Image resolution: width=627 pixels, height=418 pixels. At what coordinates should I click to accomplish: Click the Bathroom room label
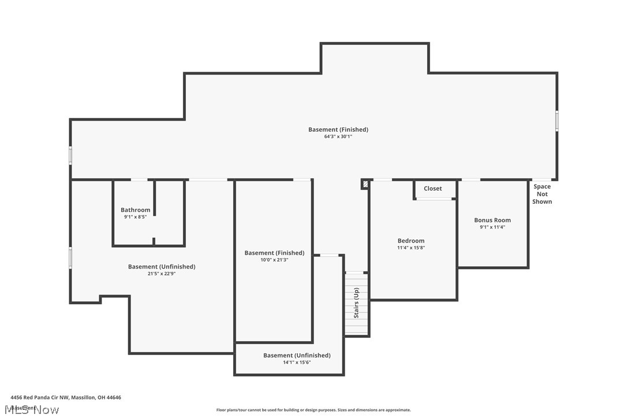pos(135,210)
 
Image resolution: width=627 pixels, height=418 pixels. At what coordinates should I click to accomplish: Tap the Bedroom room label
pos(411,241)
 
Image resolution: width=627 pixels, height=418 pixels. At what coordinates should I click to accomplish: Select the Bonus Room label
pos(492,220)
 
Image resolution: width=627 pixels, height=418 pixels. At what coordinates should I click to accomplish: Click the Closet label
pos(432,189)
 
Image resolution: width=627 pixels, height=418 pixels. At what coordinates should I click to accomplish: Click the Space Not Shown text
pos(542,194)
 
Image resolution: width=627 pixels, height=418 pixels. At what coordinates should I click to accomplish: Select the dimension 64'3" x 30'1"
pos(338,137)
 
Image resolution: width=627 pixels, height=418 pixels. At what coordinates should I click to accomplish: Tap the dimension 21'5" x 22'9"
pos(162,274)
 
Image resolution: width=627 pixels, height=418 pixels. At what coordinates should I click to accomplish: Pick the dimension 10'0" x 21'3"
pos(274,260)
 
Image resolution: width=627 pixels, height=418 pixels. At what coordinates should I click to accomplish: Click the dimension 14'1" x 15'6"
pos(297,362)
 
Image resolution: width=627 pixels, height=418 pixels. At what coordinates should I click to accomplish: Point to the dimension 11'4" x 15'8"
pos(411,248)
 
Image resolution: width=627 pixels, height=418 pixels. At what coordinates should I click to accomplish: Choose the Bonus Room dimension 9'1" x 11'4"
pos(492,227)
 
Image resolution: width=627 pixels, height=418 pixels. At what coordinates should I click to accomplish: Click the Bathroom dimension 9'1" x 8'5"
pos(135,217)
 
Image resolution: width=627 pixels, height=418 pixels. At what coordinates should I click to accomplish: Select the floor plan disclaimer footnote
pos(313,410)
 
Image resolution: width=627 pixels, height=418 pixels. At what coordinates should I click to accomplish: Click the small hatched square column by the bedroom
pos(365,184)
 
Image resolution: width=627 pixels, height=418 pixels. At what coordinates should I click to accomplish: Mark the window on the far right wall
pos(557,121)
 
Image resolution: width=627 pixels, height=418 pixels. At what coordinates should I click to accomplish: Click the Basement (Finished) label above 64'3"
pos(338,129)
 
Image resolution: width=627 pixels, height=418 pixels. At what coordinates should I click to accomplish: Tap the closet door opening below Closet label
pos(435,199)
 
